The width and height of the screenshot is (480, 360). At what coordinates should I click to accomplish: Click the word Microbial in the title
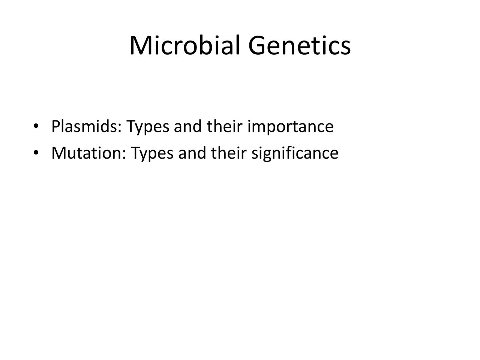(x=185, y=45)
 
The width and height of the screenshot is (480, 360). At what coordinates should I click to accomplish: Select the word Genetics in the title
(x=300, y=45)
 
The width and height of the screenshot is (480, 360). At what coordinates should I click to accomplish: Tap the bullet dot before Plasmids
(x=36, y=126)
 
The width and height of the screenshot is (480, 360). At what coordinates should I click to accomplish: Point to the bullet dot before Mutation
(x=36, y=152)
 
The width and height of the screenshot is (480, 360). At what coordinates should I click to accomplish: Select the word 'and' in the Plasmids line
(x=187, y=126)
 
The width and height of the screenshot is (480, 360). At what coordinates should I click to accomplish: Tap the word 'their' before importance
(x=225, y=126)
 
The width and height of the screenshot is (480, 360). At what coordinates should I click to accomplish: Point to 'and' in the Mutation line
(x=192, y=153)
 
